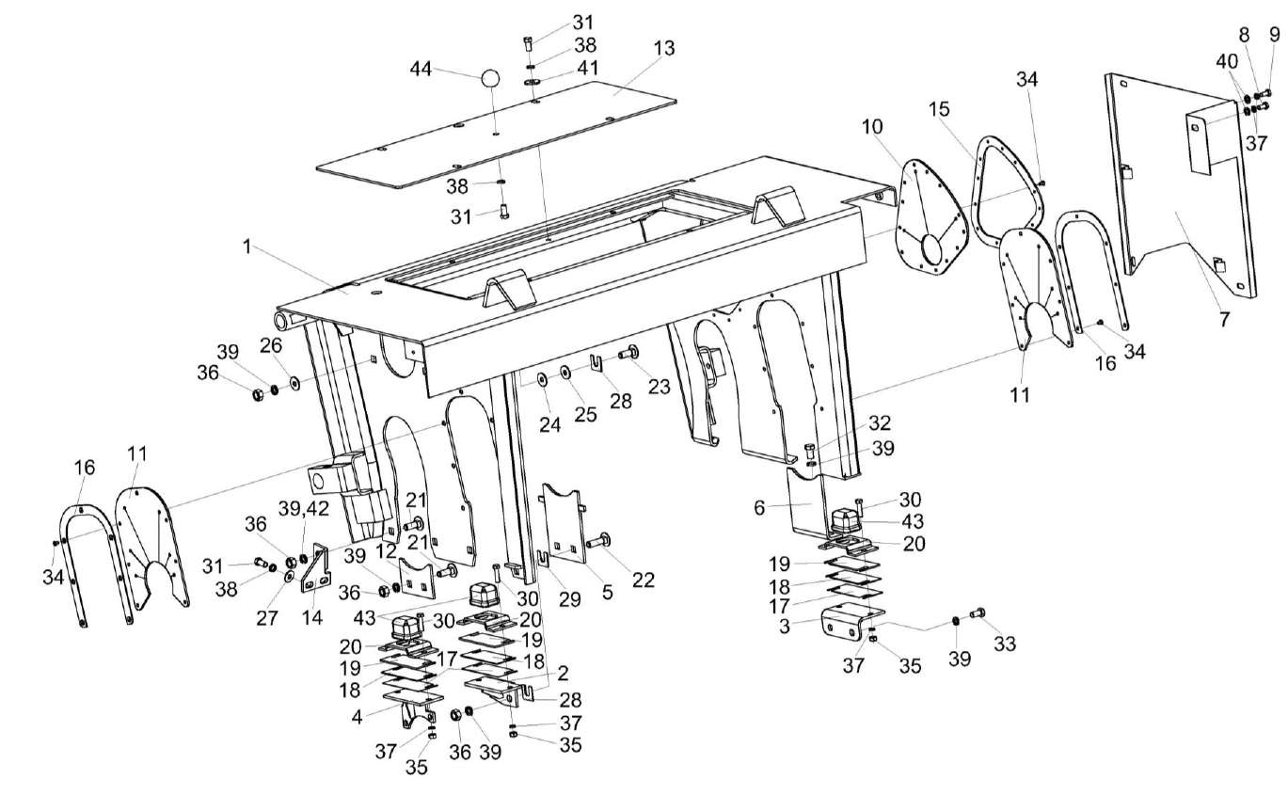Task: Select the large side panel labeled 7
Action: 1181,188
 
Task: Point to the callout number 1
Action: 247,247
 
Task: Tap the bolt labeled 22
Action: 596,542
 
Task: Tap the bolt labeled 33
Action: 977,612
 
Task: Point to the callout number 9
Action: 1275,36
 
